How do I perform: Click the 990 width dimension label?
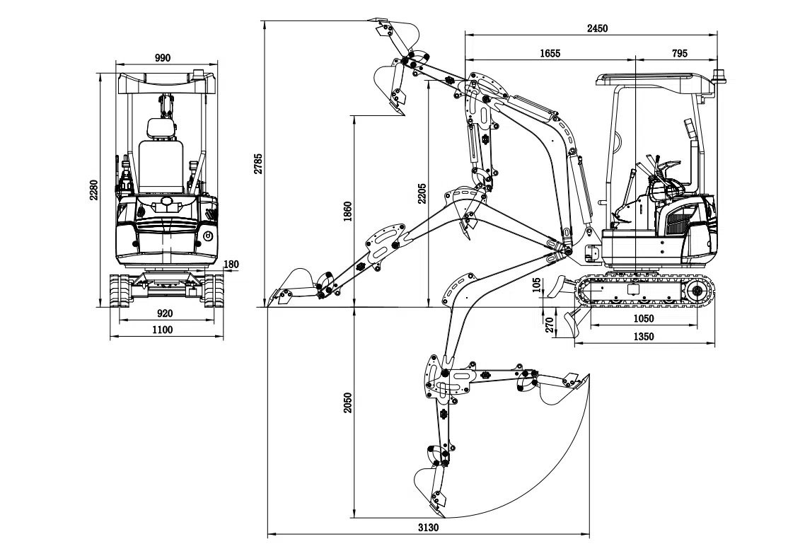click(x=162, y=58)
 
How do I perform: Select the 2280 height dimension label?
click(x=93, y=190)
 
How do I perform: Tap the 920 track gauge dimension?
click(x=164, y=313)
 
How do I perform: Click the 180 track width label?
click(x=231, y=265)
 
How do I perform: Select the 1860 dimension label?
click(x=347, y=212)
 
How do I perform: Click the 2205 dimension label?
click(x=422, y=193)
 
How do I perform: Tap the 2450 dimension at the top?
click(x=598, y=28)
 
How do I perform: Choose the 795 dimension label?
click(x=679, y=53)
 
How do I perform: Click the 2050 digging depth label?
click(x=347, y=405)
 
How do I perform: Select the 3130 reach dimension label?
click(x=429, y=528)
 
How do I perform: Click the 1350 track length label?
click(x=643, y=337)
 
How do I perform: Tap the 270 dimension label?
click(x=550, y=325)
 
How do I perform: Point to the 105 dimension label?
click(x=538, y=284)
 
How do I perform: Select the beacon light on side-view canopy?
click(x=722, y=75)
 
